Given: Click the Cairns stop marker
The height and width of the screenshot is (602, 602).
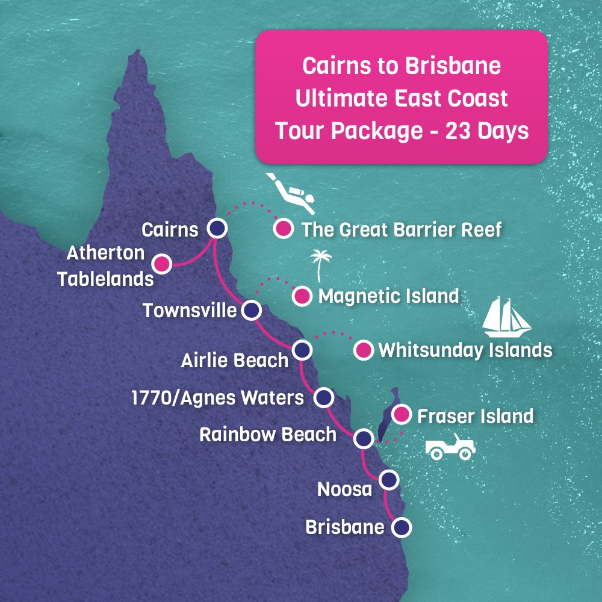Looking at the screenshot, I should coord(217,228).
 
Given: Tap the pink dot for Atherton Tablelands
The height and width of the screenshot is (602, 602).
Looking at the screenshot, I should coord(161,264).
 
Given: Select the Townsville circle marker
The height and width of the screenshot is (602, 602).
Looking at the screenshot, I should coord(252,311).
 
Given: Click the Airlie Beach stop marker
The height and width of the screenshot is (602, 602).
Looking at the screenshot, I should coord(302,350).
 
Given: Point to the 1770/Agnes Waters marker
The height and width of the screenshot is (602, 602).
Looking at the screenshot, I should coord(324,397).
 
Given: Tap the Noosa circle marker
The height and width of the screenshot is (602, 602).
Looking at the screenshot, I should coord(389,480).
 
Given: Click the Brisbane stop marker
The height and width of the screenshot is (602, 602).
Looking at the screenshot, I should coord(402,527).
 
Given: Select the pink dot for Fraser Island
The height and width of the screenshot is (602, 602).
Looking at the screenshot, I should coord(401,415).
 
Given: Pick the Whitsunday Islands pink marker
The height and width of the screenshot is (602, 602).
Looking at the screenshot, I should coord(364,350).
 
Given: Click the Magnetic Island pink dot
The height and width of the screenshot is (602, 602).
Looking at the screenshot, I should coord(302,296).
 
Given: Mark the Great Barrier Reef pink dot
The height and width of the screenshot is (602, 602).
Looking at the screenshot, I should coord(283,229).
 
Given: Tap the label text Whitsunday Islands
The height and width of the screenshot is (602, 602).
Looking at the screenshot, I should coord(465,350).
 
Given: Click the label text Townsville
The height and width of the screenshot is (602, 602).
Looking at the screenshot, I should coord(190,311).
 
